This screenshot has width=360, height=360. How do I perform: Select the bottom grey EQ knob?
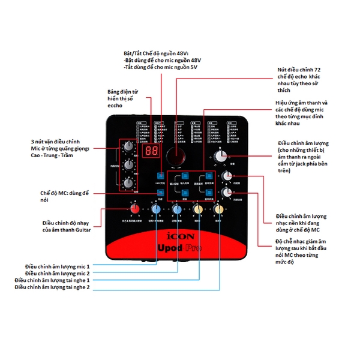pos(128,184)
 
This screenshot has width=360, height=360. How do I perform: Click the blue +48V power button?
pos(159,175)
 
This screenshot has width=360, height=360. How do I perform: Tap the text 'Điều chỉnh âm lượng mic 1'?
pos(57,266)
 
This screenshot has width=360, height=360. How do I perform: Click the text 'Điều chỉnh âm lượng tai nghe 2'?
pos(52,287)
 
